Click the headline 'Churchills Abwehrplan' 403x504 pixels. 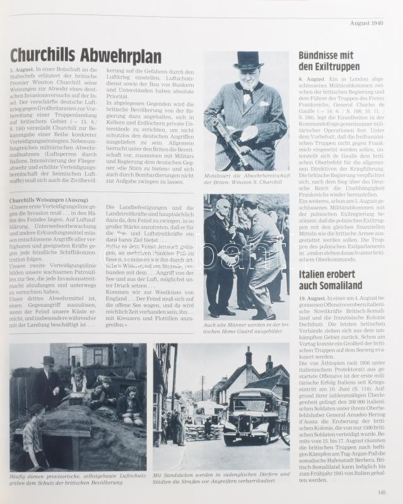(85, 55)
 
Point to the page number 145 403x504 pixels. (381, 493)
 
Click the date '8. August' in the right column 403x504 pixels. (312, 79)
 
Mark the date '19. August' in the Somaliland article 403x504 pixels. (313, 297)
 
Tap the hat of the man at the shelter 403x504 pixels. (48, 360)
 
